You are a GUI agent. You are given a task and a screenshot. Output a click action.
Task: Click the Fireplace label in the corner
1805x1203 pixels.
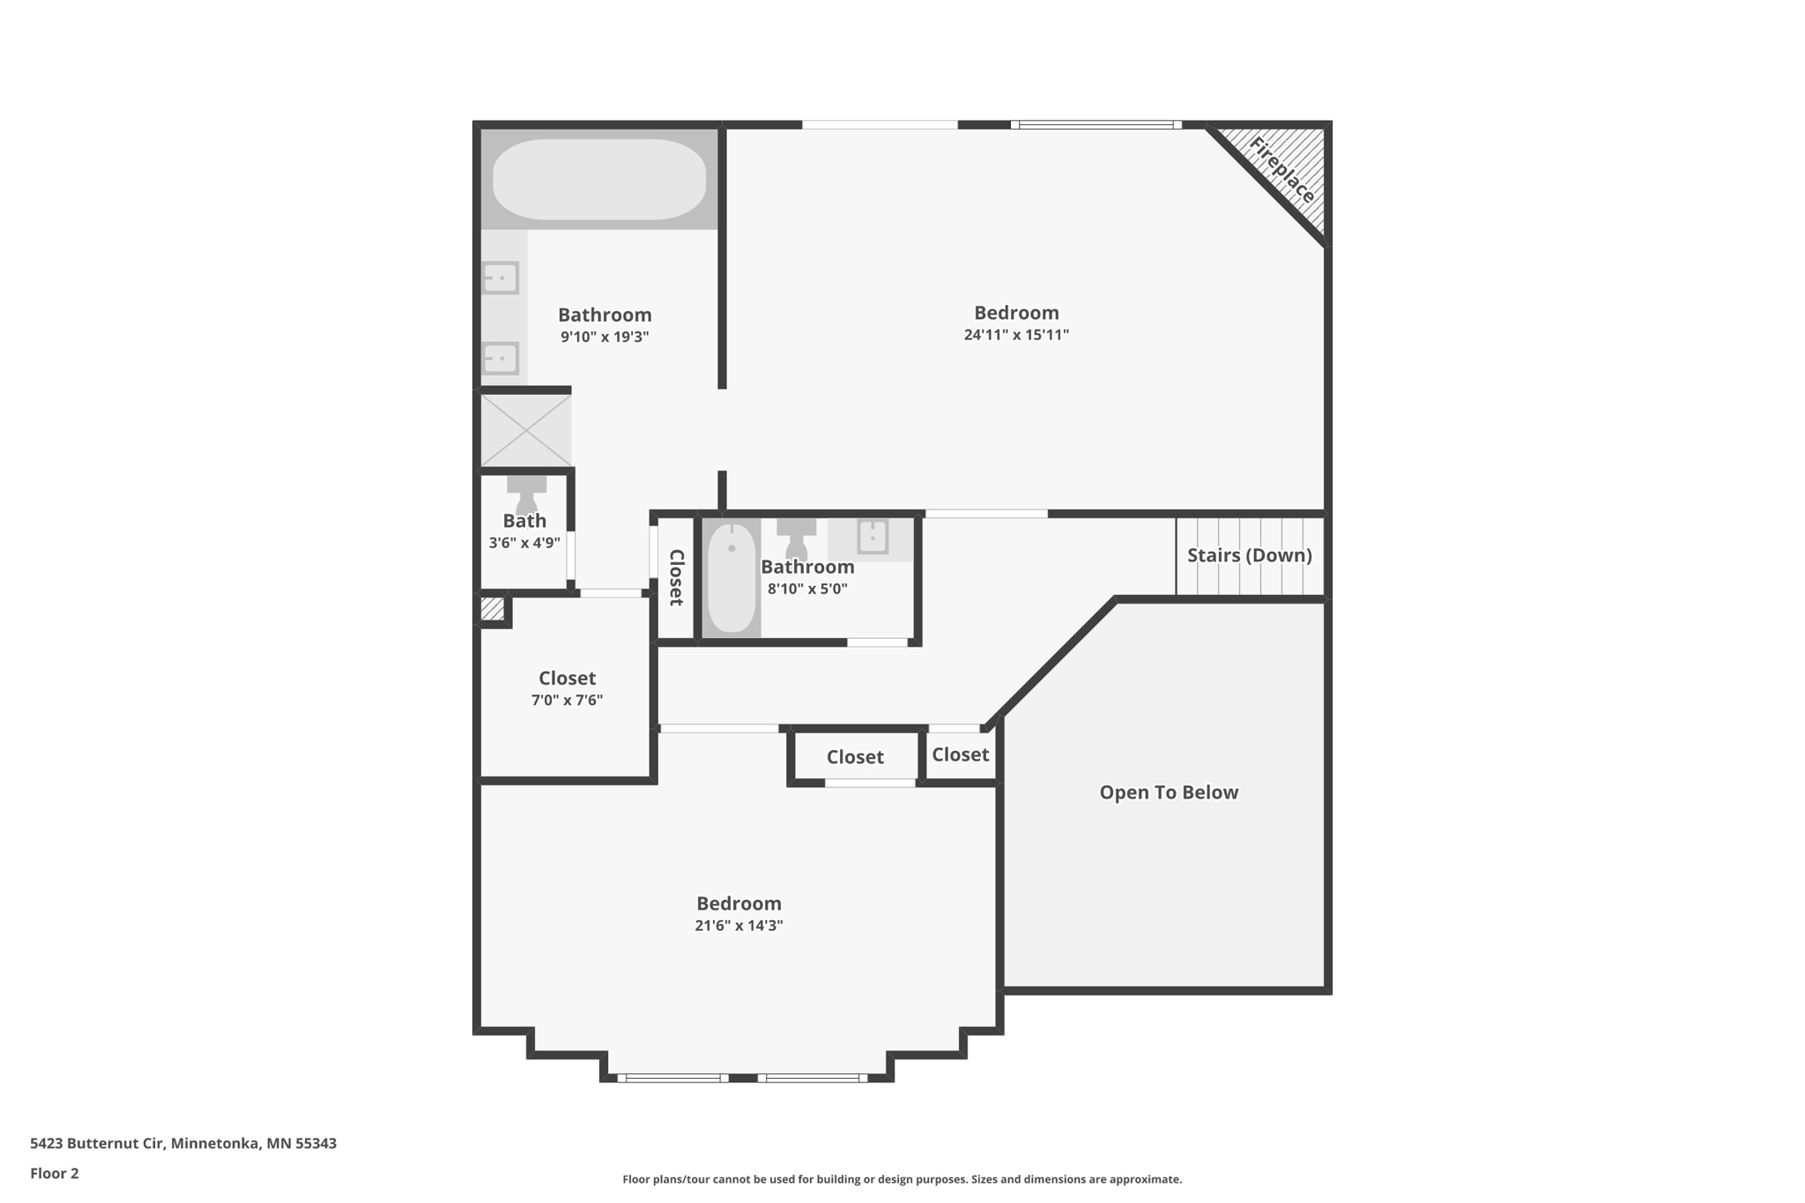[x=1282, y=170]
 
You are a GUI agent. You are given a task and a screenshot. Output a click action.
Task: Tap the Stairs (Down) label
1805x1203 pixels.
[x=1249, y=555]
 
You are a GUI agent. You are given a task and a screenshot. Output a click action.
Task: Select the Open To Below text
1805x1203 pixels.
[x=1169, y=792]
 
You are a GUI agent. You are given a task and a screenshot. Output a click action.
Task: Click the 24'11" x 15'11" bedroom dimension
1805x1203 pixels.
[x=1016, y=335]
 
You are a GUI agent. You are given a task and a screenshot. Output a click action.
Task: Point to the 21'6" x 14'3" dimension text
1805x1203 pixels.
[x=739, y=925]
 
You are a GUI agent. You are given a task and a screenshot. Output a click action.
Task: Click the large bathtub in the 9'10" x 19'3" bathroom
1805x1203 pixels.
[x=599, y=180]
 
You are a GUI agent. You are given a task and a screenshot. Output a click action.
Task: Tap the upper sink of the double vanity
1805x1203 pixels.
[x=501, y=278]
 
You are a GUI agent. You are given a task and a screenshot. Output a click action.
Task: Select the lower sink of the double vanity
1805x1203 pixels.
[x=501, y=359]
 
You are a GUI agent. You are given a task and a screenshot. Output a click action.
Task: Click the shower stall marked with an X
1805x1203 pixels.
[x=526, y=431]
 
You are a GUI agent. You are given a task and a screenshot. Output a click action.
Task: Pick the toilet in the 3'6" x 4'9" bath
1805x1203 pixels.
[x=526, y=493]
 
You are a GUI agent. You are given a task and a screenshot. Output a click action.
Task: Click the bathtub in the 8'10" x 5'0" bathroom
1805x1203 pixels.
[x=732, y=578]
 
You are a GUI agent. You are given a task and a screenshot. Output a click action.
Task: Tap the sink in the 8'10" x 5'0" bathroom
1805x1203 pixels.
[x=873, y=537]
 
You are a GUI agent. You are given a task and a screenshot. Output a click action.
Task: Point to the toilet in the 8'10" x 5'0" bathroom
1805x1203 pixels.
[x=796, y=538]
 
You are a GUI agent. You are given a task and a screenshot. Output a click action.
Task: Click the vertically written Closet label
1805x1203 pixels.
[x=677, y=577]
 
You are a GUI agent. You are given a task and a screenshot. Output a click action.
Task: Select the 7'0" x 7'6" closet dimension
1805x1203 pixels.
[x=567, y=701]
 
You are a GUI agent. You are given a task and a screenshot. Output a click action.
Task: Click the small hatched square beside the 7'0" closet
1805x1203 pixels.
[x=493, y=608]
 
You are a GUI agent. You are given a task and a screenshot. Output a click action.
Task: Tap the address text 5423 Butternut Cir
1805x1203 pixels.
[x=97, y=1144]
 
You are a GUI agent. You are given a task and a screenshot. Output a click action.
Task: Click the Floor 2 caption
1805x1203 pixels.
[x=55, y=1174]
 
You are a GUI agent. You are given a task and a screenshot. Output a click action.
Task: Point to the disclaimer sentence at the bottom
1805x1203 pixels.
[x=902, y=1179]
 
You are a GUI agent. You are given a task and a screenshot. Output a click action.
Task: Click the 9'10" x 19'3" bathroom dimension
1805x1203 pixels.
[x=605, y=337]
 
